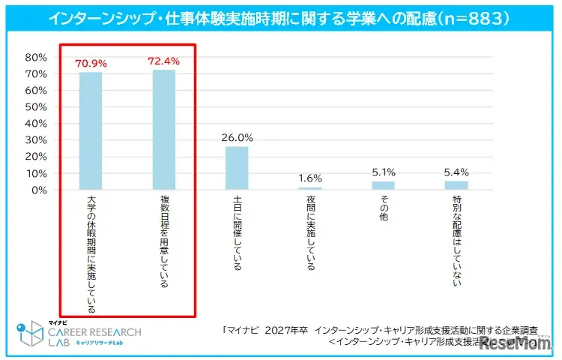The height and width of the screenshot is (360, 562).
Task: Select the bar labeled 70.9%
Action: coord(91,130)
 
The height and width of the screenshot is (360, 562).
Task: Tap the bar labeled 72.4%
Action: coord(164,130)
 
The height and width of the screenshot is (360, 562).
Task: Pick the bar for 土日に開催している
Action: coord(237,168)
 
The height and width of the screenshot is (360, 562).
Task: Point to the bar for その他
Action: coord(383,185)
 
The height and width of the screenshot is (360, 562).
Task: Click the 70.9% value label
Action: coord(91,64)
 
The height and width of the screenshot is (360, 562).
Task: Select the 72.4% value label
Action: coord(164,61)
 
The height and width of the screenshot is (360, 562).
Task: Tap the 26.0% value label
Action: coord(237,138)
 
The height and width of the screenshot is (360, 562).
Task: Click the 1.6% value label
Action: coord(309,178)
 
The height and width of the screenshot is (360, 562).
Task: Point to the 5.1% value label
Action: coord(383,172)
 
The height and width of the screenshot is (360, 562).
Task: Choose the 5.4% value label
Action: coord(456,172)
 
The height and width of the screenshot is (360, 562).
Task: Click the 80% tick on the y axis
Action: coord(37,58)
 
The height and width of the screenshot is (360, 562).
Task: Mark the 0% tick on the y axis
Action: coord(40,190)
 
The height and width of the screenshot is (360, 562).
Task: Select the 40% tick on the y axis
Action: coord(37,124)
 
